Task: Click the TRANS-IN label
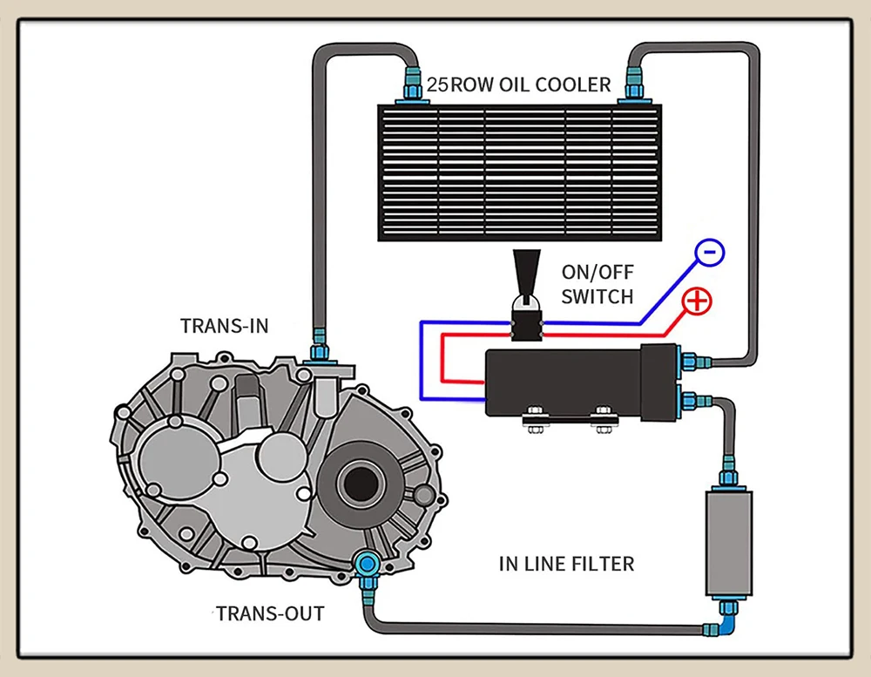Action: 224,326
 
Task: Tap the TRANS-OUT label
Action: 270,613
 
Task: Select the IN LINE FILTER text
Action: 566,564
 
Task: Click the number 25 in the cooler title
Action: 437,85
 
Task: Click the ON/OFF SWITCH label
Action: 597,284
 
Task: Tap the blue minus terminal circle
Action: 710,254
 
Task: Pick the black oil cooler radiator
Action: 519,173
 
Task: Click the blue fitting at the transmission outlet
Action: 366,566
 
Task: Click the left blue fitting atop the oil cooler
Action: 411,87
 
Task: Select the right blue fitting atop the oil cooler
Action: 627,87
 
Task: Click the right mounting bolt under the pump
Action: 602,415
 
